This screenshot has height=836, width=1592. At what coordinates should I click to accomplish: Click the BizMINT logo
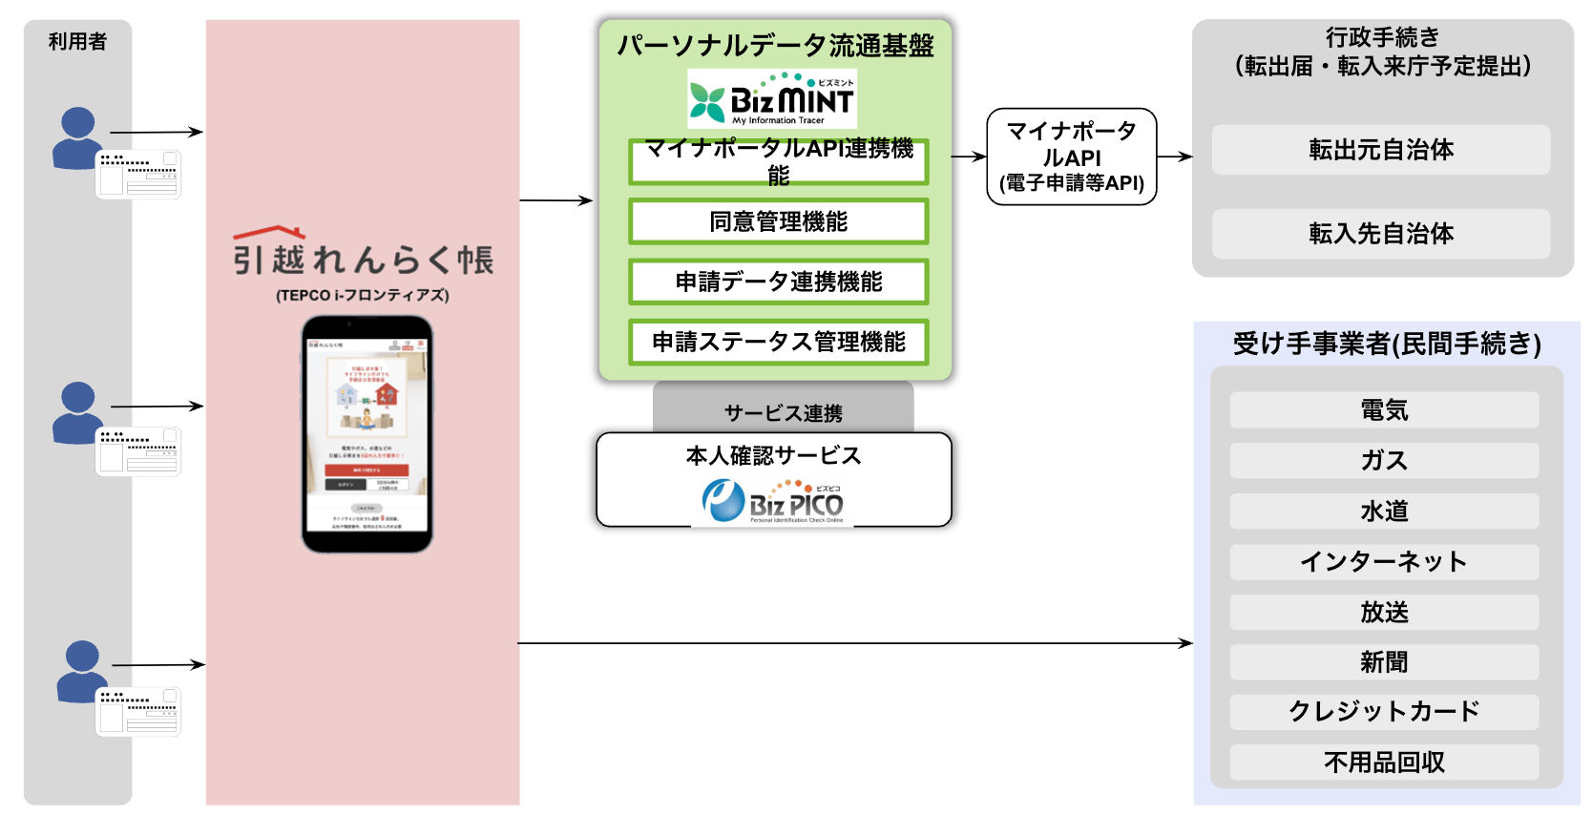772,99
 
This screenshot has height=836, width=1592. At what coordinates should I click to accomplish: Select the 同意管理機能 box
778,222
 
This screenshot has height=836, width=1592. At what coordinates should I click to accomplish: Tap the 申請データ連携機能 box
778,282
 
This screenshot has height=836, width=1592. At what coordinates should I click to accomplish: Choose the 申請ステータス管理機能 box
778,343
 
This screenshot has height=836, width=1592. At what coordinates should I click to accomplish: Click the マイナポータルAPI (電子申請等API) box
1071,157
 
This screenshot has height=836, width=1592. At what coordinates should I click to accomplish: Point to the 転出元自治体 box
1380,150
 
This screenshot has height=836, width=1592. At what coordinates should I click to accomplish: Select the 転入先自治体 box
1380,234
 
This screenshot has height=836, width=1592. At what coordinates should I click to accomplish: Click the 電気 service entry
1384,410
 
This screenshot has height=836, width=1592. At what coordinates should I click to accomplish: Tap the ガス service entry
1384,461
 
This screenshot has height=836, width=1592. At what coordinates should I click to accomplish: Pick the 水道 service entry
1384,512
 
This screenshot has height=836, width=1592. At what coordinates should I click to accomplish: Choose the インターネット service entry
1384,562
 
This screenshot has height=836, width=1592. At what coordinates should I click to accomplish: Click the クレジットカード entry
1384,712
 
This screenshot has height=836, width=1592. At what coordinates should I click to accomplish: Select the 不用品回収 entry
1384,763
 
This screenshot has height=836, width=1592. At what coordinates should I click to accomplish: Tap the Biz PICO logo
773,501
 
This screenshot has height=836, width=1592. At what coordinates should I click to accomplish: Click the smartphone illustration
367,434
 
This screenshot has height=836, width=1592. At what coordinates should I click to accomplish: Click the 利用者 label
77,42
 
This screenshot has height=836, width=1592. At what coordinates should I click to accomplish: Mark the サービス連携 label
783,413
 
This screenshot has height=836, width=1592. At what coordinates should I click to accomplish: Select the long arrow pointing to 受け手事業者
854,643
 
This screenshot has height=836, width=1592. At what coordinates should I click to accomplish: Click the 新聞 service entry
1384,662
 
